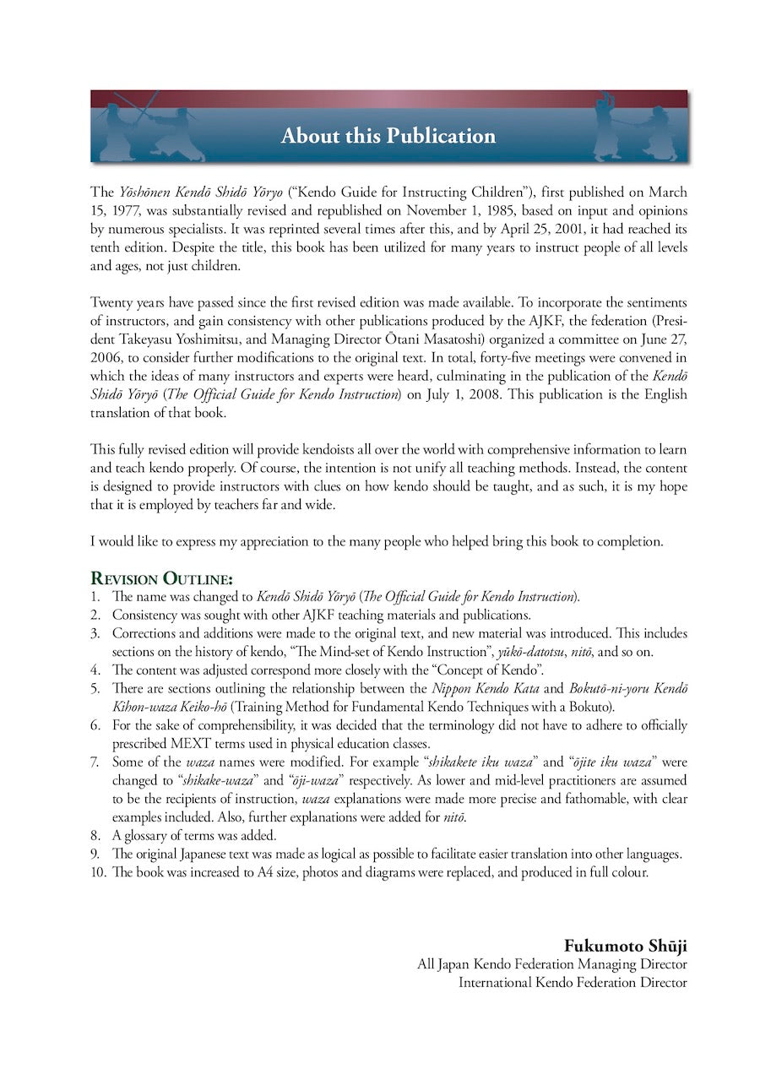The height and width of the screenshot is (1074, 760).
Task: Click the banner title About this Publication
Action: click(388, 136)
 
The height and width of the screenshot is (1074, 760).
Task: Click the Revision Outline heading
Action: click(161, 578)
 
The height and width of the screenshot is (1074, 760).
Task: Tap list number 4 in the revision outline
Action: click(95, 670)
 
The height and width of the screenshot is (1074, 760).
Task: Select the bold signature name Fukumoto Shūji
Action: click(625, 945)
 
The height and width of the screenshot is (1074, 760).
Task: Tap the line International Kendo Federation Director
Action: click(573, 982)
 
